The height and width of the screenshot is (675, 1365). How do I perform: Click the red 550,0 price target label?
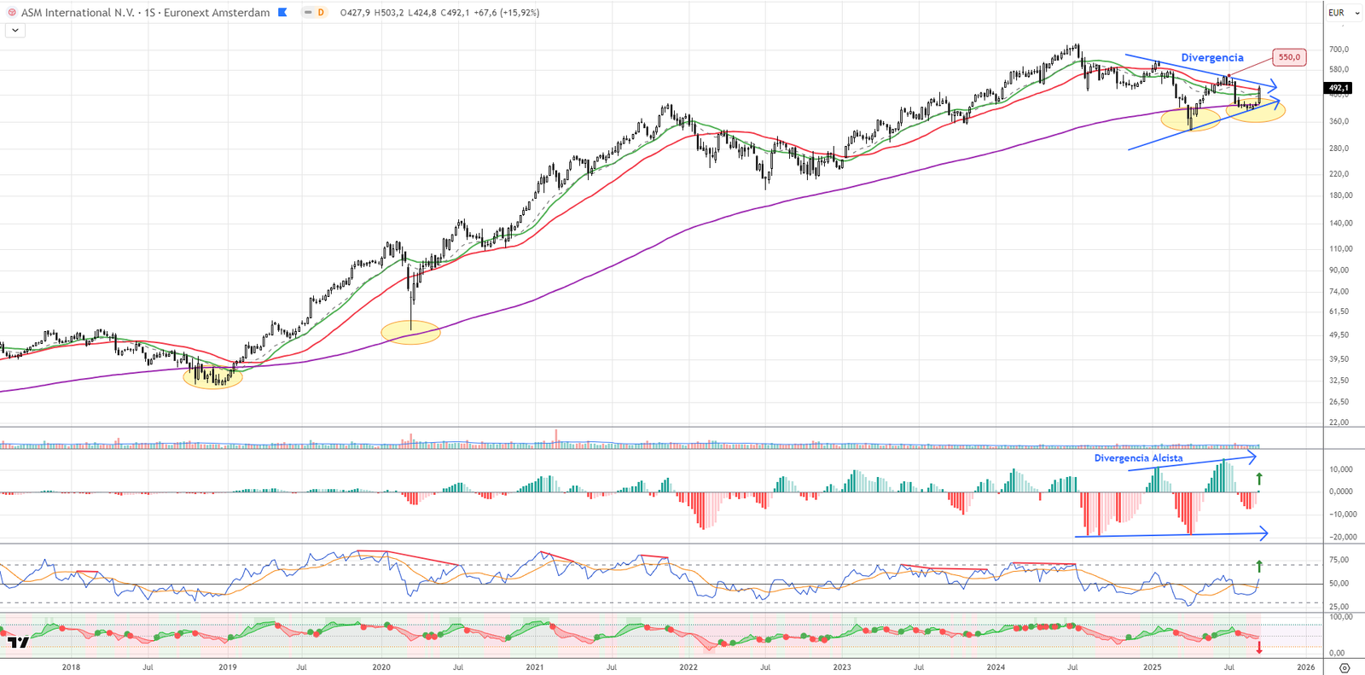click(1288, 57)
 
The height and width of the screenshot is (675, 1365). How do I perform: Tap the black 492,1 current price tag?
click(1338, 88)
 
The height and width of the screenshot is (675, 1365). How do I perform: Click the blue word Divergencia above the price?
click(1211, 58)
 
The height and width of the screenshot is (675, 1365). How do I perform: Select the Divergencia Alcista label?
click(1138, 458)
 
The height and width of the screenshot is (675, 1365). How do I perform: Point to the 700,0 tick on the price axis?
click(1339, 49)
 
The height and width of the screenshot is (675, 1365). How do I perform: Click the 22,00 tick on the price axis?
click(1339, 422)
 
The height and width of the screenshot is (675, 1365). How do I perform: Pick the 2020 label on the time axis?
click(381, 667)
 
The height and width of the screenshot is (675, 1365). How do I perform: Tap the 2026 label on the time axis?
click(1305, 667)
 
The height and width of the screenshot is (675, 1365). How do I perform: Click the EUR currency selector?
click(1343, 13)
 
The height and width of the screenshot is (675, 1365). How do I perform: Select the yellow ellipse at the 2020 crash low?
click(410, 332)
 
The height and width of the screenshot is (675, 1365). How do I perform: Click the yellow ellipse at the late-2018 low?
click(212, 376)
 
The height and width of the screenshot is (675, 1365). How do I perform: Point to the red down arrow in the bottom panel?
click(1259, 648)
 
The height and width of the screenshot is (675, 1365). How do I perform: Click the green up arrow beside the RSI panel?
click(1259, 566)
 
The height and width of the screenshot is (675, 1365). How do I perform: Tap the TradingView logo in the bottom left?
click(18, 642)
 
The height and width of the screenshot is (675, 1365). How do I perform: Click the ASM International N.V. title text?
click(78, 13)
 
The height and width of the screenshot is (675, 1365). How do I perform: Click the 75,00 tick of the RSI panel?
click(1339, 560)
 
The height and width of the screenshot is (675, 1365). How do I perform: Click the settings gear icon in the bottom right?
click(1345, 667)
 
